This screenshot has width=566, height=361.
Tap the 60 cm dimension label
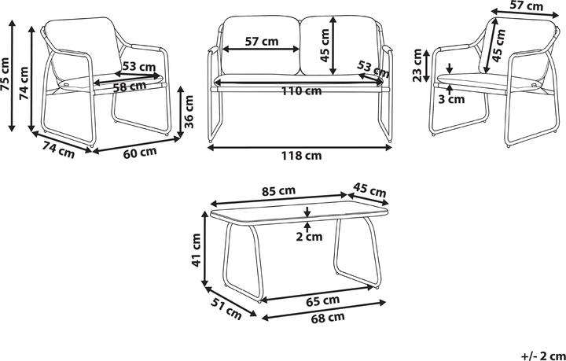[140, 153]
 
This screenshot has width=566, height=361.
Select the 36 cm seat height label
[188, 111]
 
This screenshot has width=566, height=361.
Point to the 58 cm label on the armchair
[129, 87]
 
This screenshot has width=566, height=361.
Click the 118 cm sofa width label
[300, 156]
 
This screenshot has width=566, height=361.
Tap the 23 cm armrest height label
[417, 65]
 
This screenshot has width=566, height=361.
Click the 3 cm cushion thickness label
[451, 99]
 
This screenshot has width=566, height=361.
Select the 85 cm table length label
[278, 191]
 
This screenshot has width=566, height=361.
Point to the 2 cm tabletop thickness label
[309, 237]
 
